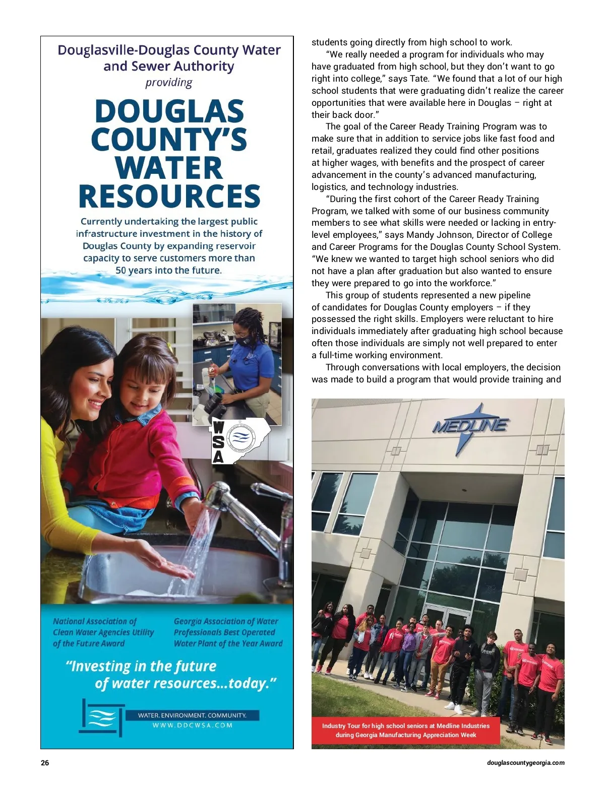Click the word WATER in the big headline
[x=168, y=168]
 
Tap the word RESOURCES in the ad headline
[x=169, y=197]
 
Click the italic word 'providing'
[x=169, y=83]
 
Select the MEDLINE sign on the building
[x=470, y=426]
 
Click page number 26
[x=45, y=763]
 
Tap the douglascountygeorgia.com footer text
[x=525, y=763]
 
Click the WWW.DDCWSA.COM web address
[x=193, y=726]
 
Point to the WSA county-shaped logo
[x=240, y=440]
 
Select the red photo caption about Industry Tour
[x=406, y=730]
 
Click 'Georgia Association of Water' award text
[x=226, y=621]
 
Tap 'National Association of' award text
[x=95, y=621]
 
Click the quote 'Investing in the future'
[x=141, y=666]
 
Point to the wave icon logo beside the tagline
[x=102, y=717]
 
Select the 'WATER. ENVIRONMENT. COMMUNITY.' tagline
[x=192, y=715]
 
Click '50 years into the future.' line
[x=168, y=270]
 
